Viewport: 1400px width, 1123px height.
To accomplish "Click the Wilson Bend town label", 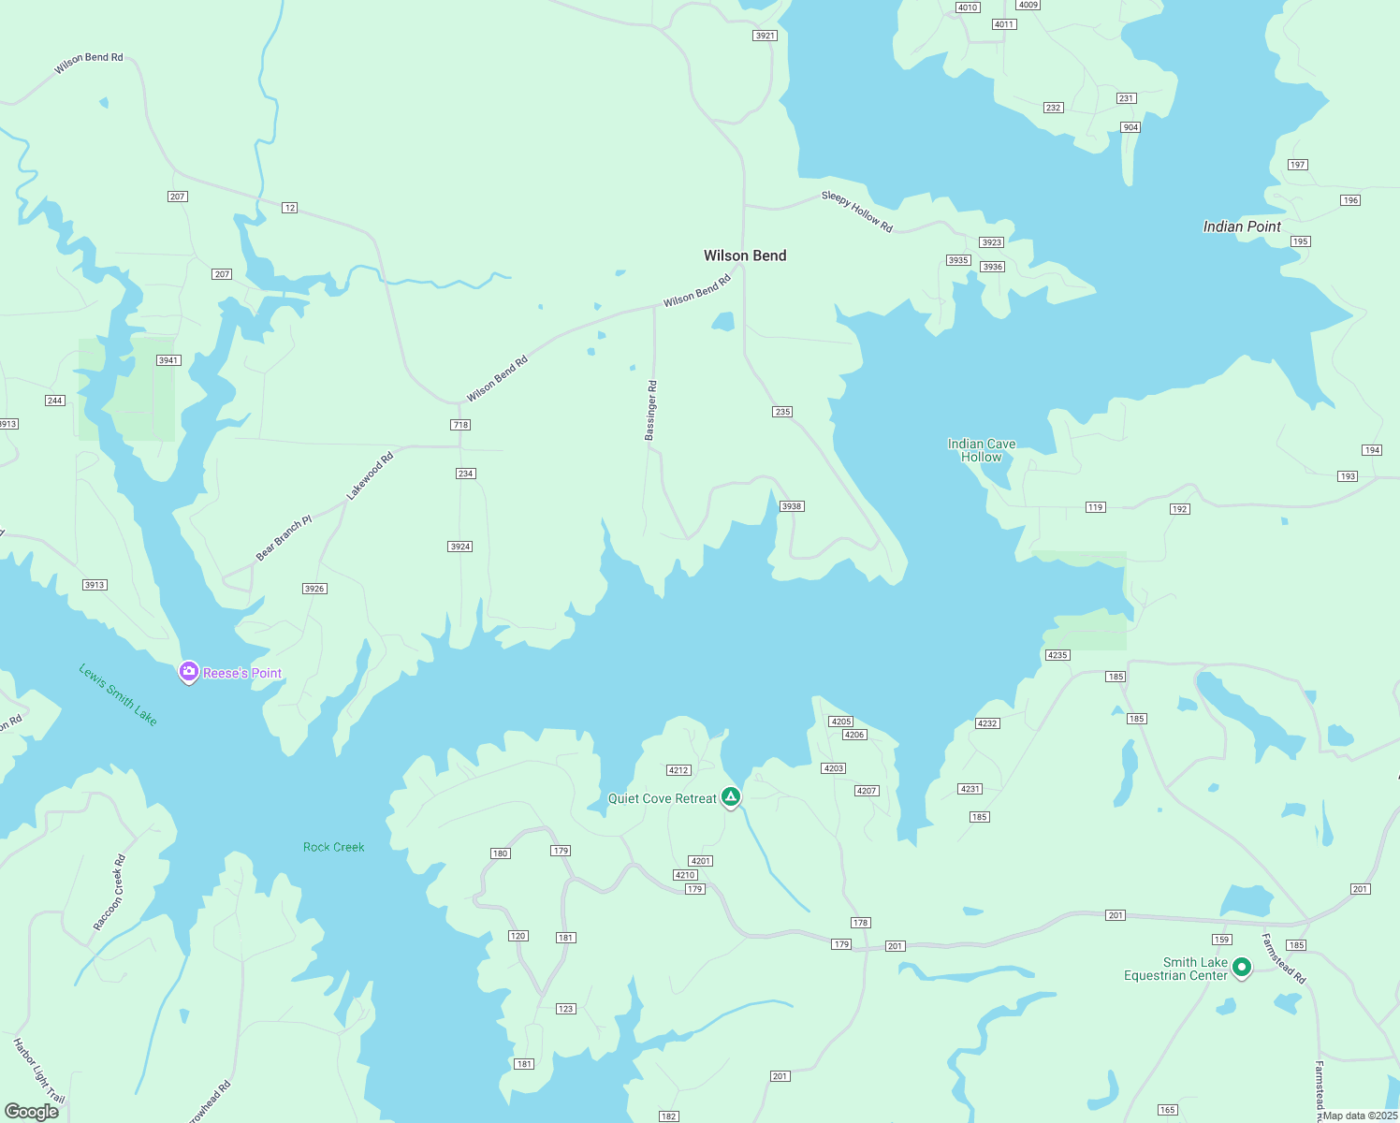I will click(x=745, y=255).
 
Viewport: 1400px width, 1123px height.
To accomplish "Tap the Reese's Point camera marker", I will click(x=189, y=672).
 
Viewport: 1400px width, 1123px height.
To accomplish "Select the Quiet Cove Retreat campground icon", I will click(x=731, y=797).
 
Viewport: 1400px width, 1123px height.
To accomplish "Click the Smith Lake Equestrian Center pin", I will click(x=1242, y=967).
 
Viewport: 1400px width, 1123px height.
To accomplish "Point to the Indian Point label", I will click(x=1242, y=226).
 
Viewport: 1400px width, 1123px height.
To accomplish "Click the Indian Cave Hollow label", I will click(x=982, y=450).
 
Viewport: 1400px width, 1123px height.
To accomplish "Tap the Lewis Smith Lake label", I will click(x=118, y=694).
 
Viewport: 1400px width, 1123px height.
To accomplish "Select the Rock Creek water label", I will click(x=334, y=847).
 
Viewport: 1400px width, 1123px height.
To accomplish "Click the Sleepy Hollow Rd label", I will click(x=857, y=211).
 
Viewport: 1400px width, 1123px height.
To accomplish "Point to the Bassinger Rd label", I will click(x=651, y=410).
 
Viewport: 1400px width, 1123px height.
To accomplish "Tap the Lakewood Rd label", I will click(x=371, y=475).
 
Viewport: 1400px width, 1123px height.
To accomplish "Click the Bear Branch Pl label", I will click(x=284, y=538).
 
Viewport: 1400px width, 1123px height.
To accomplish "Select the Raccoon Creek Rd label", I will click(x=109, y=893).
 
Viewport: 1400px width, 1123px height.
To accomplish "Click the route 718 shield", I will click(x=460, y=425).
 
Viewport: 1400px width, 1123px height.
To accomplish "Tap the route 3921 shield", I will click(x=766, y=36).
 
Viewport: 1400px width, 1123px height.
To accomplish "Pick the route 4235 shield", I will click(x=1057, y=655).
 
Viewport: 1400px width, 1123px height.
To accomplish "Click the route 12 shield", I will click(x=290, y=208).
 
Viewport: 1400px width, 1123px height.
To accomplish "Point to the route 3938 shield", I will click(x=792, y=506).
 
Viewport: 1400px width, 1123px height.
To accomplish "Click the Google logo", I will click(x=32, y=1112).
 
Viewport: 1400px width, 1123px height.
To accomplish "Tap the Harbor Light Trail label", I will click(x=38, y=1070).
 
